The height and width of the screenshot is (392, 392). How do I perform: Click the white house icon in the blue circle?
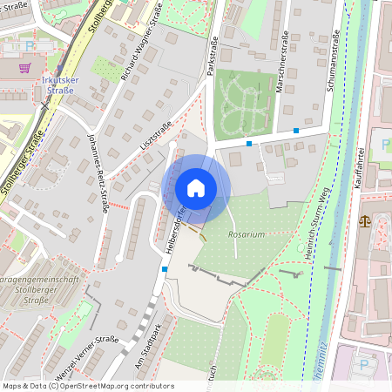coord(196,187)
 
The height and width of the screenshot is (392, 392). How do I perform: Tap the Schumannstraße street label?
coord(335,61)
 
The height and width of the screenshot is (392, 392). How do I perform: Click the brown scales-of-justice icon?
coord(364,221)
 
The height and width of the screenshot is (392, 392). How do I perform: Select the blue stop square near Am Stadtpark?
coord(165,269)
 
